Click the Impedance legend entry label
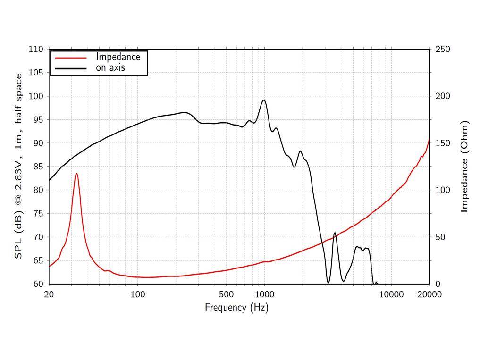click(118, 57)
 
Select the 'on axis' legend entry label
click(110, 68)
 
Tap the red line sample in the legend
click(71, 58)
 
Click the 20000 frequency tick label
click(429, 294)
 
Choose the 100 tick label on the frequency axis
click(137, 294)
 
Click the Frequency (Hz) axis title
click(236, 308)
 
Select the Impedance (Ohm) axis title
click(465, 167)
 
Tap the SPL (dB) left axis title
click(18, 167)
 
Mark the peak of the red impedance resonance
click(76, 174)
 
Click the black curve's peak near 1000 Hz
click(264, 100)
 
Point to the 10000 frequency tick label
click(392, 294)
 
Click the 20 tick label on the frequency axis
click(49, 294)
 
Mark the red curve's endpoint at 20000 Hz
click(429, 137)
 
